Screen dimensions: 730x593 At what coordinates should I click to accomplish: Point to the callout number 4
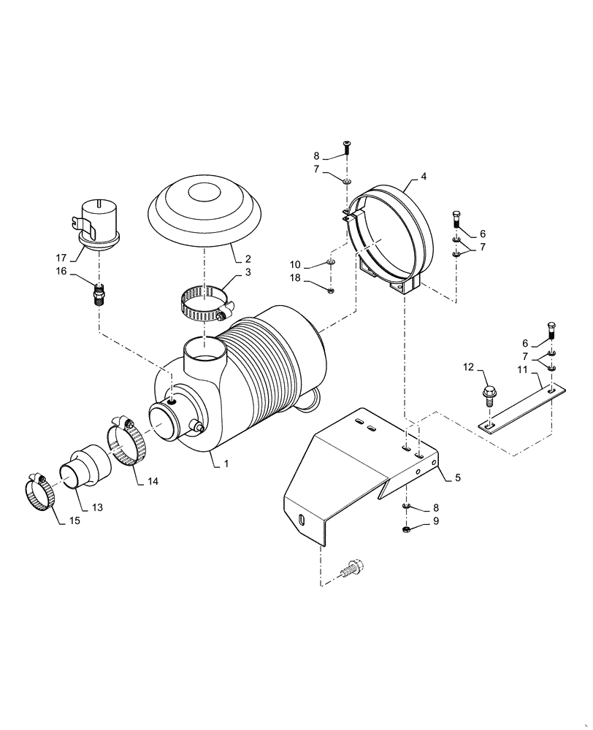point(424,177)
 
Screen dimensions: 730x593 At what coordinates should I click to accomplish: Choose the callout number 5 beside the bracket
point(457,478)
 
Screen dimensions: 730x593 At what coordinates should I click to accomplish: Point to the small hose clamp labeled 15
point(39,493)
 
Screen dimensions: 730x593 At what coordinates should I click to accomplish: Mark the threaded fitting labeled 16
point(99,294)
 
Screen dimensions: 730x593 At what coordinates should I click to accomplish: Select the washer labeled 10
point(331,262)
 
